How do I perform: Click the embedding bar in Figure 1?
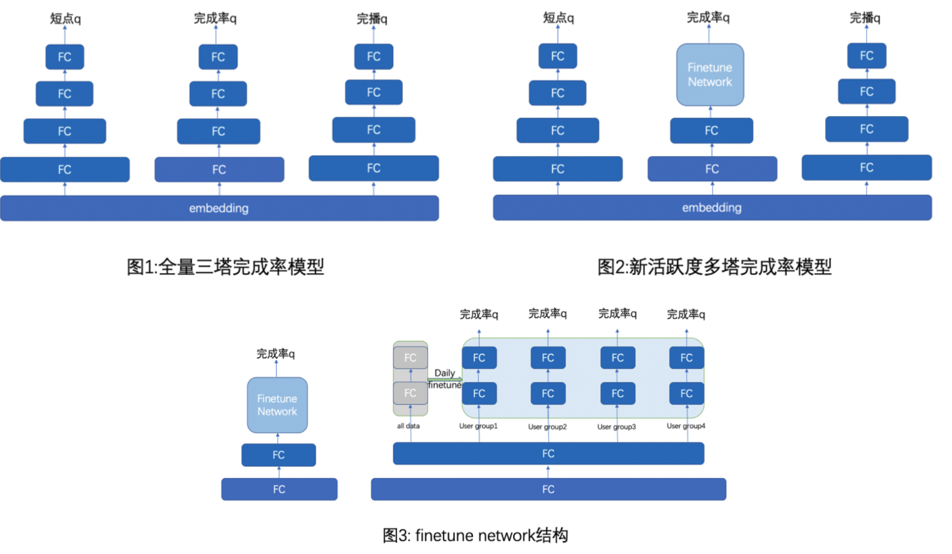click(x=219, y=208)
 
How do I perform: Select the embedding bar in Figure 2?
click(x=711, y=207)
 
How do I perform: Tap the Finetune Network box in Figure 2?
click(x=709, y=75)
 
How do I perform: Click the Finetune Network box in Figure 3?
click(x=277, y=405)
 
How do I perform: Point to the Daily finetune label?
click(x=444, y=379)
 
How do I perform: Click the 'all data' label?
click(x=408, y=426)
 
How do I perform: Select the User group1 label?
click(x=478, y=426)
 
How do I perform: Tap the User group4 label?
click(x=685, y=426)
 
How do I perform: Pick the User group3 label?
click(x=616, y=426)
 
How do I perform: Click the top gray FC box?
click(x=410, y=357)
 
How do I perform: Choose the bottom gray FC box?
click(x=410, y=393)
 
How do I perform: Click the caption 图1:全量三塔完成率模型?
click(x=225, y=266)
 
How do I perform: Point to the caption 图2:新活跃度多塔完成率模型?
click(x=714, y=266)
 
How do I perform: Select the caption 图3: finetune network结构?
click(x=475, y=535)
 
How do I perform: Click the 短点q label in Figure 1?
click(x=65, y=19)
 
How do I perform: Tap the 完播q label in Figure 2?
click(x=865, y=18)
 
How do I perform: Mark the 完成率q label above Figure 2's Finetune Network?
click(x=708, y=18)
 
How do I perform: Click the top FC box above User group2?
click(x=547, y=357)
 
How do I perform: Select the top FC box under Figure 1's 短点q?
click(x=64, y=57)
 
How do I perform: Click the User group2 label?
click(x=547, y=426)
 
